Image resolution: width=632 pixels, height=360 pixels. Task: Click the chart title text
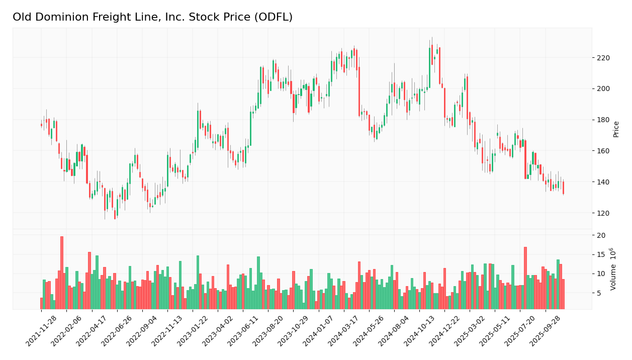coord(152,18)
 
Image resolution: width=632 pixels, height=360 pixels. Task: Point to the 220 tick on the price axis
coord(603,58)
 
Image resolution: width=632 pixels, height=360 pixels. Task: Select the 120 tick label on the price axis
coord(603,213)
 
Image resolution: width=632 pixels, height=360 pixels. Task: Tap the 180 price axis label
coord(603,120)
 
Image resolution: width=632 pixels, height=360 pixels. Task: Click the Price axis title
coord(616,129)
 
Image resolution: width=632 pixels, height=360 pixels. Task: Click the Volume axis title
coord(613,268)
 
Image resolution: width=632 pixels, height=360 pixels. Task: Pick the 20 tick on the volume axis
coord(601,235)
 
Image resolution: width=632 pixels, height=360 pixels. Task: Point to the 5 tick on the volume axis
coord(599,293)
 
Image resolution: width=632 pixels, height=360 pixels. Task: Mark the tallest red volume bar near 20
coord(62,273)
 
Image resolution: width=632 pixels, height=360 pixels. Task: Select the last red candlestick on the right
coord(563,188)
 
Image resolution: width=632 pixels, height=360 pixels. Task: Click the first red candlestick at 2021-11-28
coord(41,125)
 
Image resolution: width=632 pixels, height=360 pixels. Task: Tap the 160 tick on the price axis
coord(603,151)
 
